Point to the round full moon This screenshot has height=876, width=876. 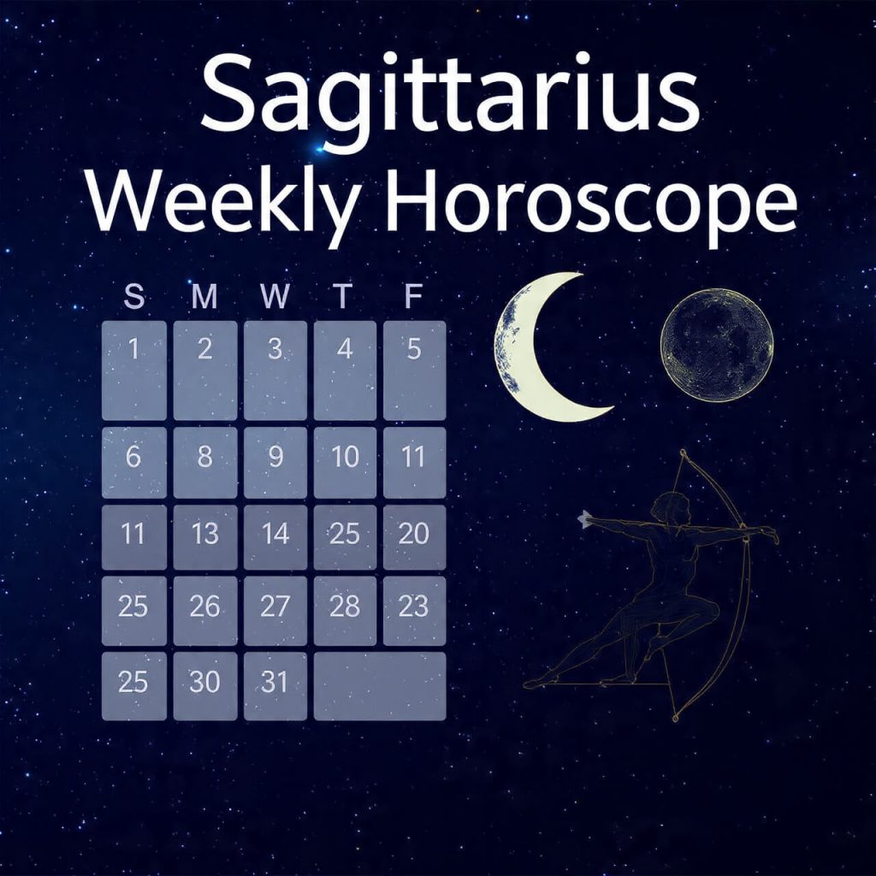point(717,345)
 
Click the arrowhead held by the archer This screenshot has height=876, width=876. point(585,518)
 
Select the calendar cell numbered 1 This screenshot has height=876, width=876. point(134,370)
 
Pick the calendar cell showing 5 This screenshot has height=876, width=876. point(414,370)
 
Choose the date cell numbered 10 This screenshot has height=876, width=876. point(345,463)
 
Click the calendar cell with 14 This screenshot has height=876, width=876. point(275,536)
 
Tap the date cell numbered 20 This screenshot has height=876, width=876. point(414,536)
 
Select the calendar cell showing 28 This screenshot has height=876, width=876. point(345,610)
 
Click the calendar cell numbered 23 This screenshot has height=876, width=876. point(414,610)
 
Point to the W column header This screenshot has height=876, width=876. point(275,297)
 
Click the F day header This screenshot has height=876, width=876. point(414,297)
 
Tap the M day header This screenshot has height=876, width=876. point(204,297)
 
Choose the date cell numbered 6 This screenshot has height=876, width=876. point(134,463)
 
